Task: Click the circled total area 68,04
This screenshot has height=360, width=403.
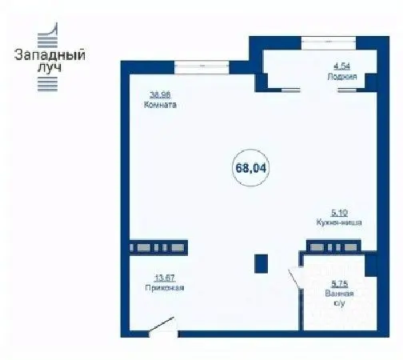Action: click(x=249, y=167)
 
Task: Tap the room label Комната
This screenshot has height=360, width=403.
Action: click(x=160, y=105)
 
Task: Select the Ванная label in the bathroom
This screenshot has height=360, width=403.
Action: click(x=343, y=294)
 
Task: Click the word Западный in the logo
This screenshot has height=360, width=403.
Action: click(x=50, y=56)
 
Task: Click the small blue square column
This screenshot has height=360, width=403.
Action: click(x=261, y=263)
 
